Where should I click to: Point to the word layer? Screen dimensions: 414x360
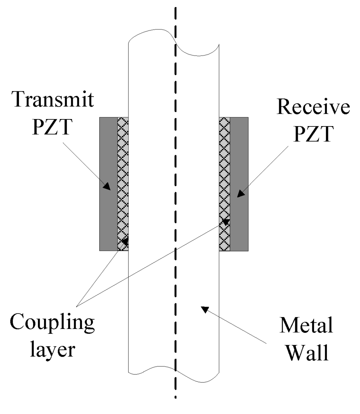52,349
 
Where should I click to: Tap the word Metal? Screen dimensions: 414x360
306,327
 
